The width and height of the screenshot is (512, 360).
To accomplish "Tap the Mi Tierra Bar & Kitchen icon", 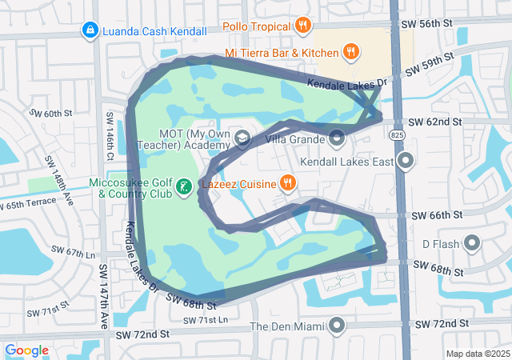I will tap(350, 53).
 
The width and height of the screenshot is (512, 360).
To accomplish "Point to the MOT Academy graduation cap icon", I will tap(241, 139).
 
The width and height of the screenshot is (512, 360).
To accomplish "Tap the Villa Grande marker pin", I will tap(338, 139).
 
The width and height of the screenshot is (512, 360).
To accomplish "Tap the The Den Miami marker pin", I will tap(337, 326).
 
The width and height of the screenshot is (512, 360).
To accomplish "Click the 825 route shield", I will tap(398, 137).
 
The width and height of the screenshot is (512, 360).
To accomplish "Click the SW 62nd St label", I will tap(435, 122).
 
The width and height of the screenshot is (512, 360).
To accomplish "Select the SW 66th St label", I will tap(437, 216).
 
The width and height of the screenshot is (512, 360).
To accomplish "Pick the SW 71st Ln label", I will tap(205, 321).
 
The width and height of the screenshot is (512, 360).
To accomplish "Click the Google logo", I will tap(27, 350).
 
